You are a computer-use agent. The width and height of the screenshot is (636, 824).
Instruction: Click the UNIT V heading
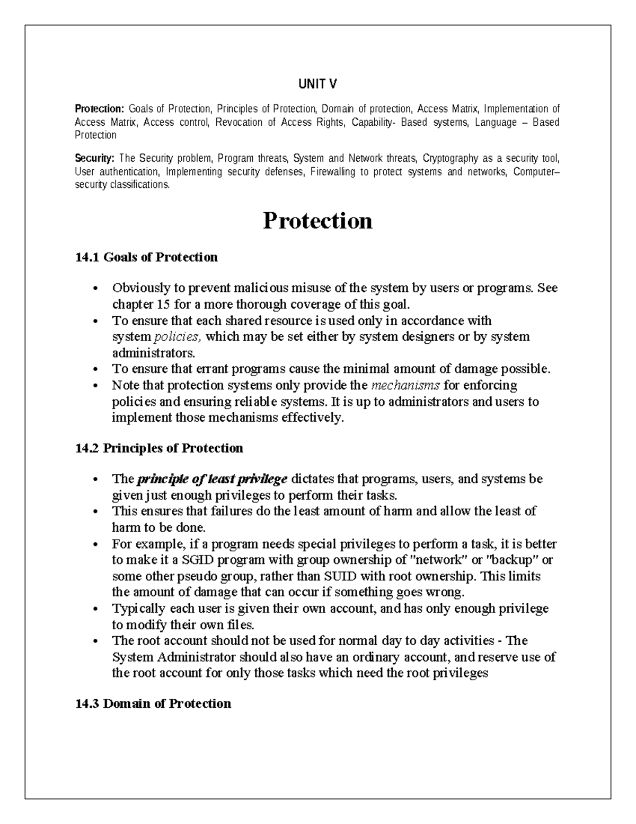click(317, 84)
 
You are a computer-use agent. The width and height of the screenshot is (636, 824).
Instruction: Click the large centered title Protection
click(317, 221)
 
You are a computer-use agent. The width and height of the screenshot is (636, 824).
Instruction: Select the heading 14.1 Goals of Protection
click(146, 257)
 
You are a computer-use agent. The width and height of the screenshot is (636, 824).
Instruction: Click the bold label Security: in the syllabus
click(94, 159)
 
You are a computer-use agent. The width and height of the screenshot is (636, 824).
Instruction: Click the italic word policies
click(177, 337)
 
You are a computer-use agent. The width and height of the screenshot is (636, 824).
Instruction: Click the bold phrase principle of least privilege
click(212, 479)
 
